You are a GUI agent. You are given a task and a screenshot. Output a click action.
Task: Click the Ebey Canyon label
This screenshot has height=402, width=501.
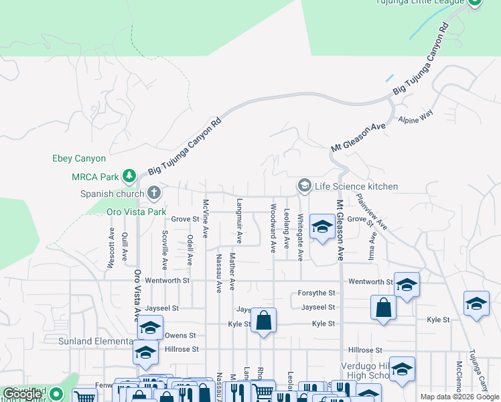coord(79,159)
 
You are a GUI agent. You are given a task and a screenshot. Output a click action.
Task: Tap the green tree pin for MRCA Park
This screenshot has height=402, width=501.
coord(130,177)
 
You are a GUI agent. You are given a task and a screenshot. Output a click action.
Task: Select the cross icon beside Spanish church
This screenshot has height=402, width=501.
coord(154,194)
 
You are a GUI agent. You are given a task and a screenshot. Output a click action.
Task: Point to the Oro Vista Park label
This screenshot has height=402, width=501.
coord(136,212)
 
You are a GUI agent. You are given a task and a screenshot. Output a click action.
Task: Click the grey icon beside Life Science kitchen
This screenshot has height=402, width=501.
coord(304,186)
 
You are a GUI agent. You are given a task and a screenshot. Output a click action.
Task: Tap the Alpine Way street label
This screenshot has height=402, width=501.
coord(416,119)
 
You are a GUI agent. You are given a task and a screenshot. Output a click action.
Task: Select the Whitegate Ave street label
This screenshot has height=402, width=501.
coord(301,237)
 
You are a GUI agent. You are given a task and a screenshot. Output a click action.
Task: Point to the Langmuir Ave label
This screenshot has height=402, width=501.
coord(239,220)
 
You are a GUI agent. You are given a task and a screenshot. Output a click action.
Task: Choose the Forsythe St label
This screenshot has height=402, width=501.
coord(316,293)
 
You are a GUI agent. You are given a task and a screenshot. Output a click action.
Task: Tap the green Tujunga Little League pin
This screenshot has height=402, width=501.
coord(474,3)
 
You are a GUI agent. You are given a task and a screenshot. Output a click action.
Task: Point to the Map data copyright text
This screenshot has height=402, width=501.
coord(460,397)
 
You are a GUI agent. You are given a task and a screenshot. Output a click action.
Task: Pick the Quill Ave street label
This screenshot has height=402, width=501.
coord(125,247)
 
